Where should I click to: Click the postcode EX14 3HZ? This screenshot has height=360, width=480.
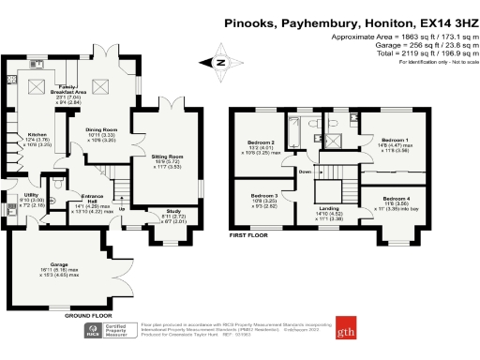435,18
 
